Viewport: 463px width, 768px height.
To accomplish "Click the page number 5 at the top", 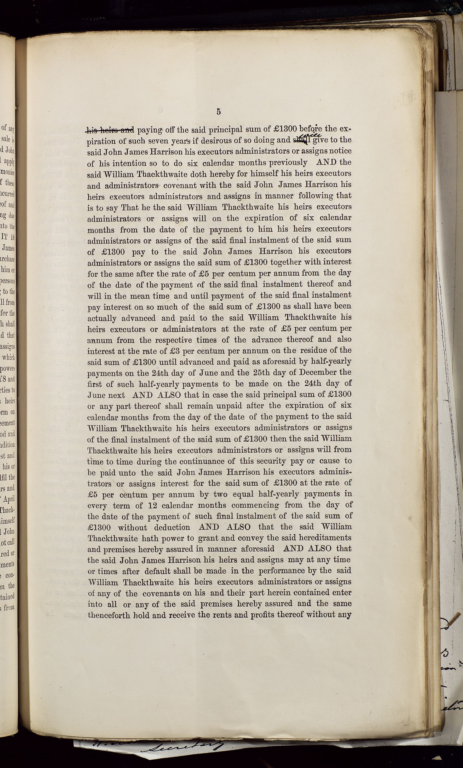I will (219, 112).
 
